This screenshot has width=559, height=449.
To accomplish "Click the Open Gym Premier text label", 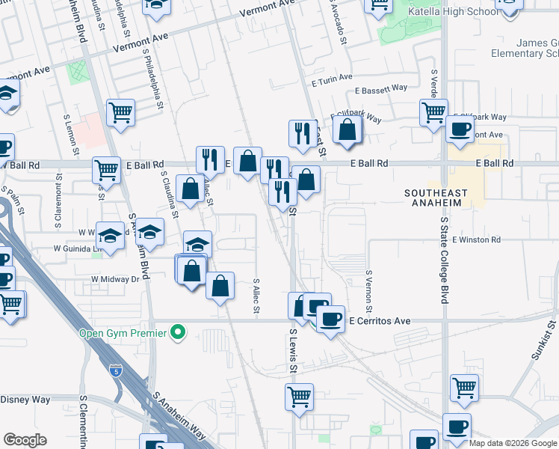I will click(x=123, y=333).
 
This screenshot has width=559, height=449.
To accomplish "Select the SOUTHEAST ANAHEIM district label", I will click(x=446, y=198).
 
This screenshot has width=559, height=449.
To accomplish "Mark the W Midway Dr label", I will click(x=115, y=278).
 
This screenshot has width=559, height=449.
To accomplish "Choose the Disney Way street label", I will click(x=25, y=400).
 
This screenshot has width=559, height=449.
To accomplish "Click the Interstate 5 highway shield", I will click(x=114, y=370).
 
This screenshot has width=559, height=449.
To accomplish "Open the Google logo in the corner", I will click(x=25, y=440).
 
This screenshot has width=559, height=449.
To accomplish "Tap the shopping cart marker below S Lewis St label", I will click(x=300, y=397).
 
